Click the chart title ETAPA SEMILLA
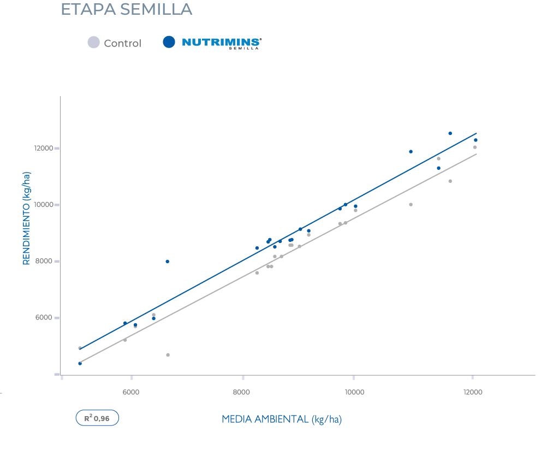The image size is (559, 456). [x=126, y=9]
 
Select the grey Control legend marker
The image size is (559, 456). [x=94, y=42]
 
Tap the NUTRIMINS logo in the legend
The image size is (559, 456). [x=221, y=43]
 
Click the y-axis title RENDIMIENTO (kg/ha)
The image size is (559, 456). [x=26, y=218]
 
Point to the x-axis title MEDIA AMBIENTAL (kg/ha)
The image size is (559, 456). [x=282, y=419]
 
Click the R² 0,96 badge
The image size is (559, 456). [x=97, y=418]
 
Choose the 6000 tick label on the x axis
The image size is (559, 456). [x=130, y=392]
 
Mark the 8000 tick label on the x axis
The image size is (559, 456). [x=241, y=392]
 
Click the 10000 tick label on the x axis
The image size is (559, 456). [x=354, y=392]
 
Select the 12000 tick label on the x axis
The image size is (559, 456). [x=472, y=392]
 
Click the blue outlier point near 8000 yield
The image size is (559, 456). [x=167, y=262]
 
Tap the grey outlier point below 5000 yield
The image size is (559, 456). [x=168, y=355]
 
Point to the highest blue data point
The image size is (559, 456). [x=450, y=133]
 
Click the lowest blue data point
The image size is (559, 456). [x=80, y=363]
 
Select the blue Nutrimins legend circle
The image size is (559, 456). [x=169, y=42]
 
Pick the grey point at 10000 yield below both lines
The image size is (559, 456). [x=411, y=205]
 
